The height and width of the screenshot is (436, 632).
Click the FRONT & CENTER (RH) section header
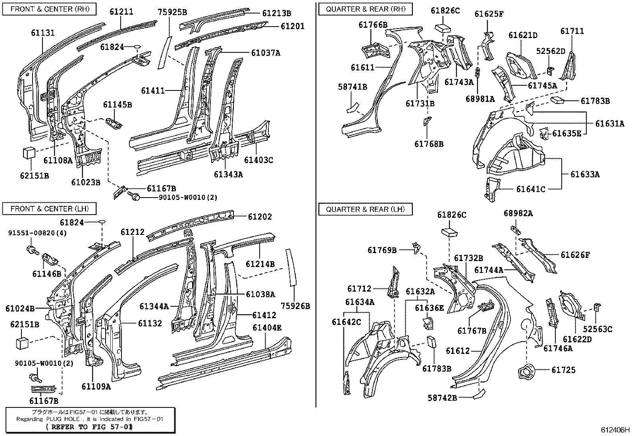click(50, 9)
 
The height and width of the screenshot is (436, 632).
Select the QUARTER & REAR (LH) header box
click(365, 209)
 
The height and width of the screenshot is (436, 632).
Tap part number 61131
click(43, 33)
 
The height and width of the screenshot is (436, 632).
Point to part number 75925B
click(173, 12)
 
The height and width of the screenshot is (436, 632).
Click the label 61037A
click(266, 52)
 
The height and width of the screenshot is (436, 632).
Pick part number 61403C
click(258, 160)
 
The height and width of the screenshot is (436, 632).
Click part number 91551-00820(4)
click(38, 233)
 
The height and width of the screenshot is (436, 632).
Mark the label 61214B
click(260, 264)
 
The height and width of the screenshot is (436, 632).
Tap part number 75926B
click(295, 306)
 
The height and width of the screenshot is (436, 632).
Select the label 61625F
click(489, 14)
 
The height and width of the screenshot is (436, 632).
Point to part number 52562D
click(551, 51)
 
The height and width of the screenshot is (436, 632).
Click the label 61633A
click(585, 174)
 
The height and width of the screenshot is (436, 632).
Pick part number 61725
click(563, 370)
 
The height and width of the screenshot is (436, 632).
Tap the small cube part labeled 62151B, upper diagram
click(29, 153)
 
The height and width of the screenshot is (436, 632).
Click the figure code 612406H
click(615, 429)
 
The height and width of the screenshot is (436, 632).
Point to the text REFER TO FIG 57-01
click(89, 427)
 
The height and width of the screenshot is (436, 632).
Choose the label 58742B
click(442, 398)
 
